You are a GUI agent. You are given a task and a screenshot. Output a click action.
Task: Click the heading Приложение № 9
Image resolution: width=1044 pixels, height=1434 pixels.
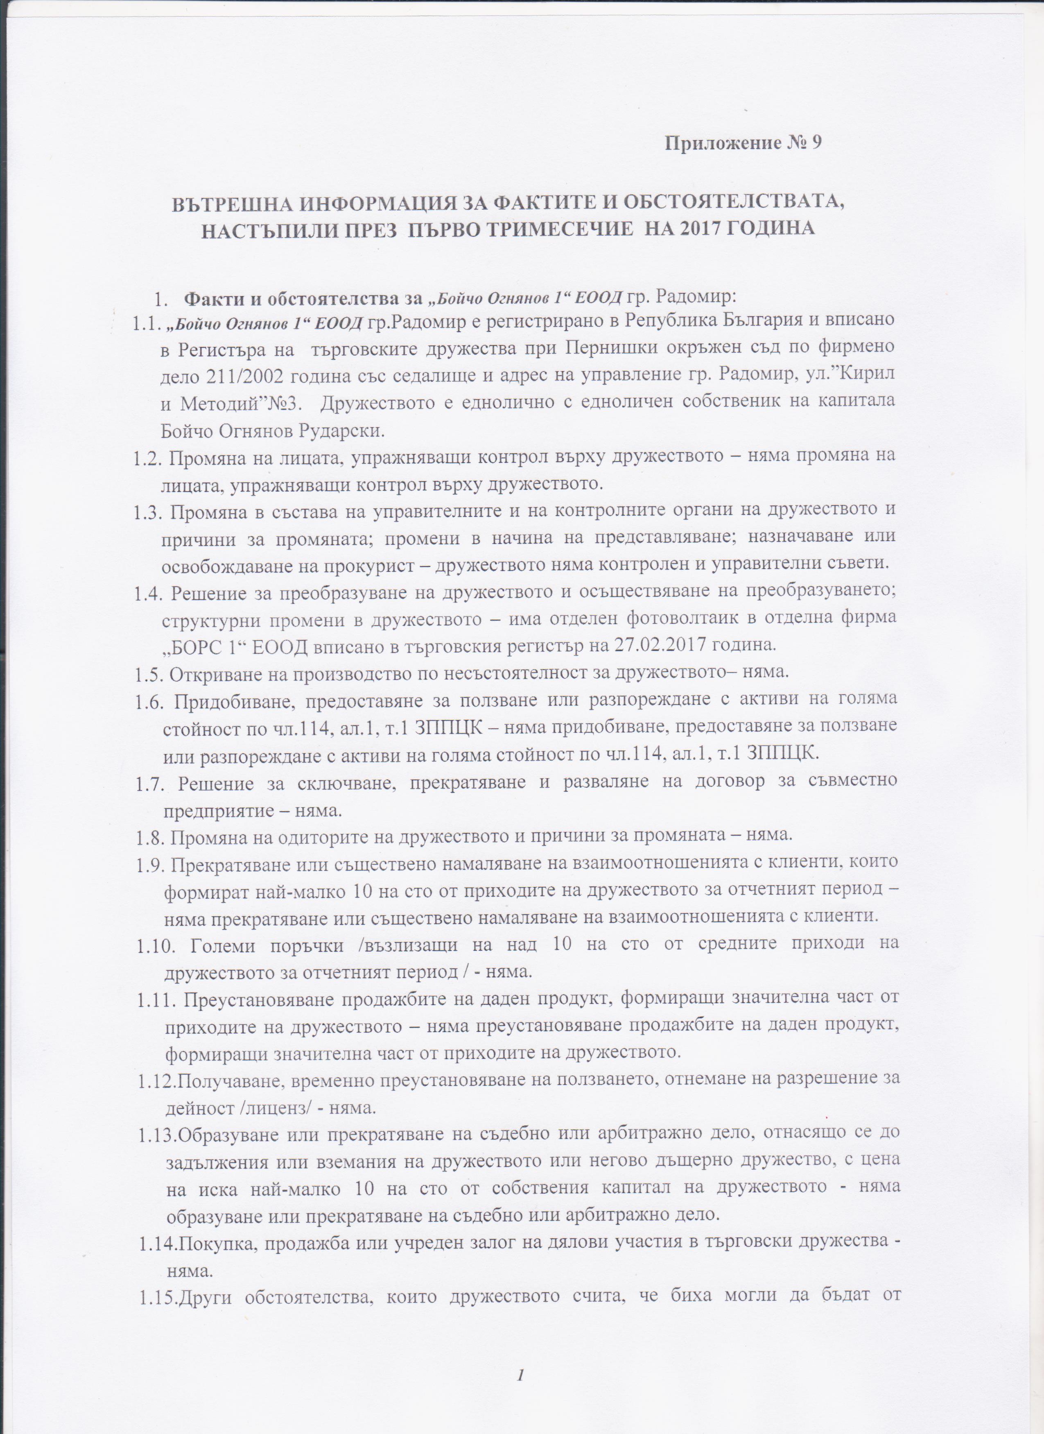(x=743, y=143)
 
